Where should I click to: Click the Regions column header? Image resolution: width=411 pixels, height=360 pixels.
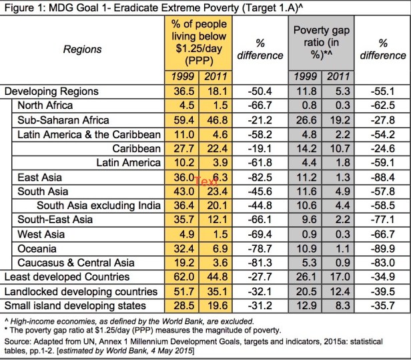83,49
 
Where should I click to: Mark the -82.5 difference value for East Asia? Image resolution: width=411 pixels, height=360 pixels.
261,176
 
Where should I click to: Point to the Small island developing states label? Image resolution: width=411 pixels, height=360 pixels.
75,305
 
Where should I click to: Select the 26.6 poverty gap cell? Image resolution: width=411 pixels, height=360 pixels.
306,120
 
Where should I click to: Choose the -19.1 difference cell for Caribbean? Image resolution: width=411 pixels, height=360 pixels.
261,148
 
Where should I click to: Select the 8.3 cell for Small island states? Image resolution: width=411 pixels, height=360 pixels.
337,305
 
